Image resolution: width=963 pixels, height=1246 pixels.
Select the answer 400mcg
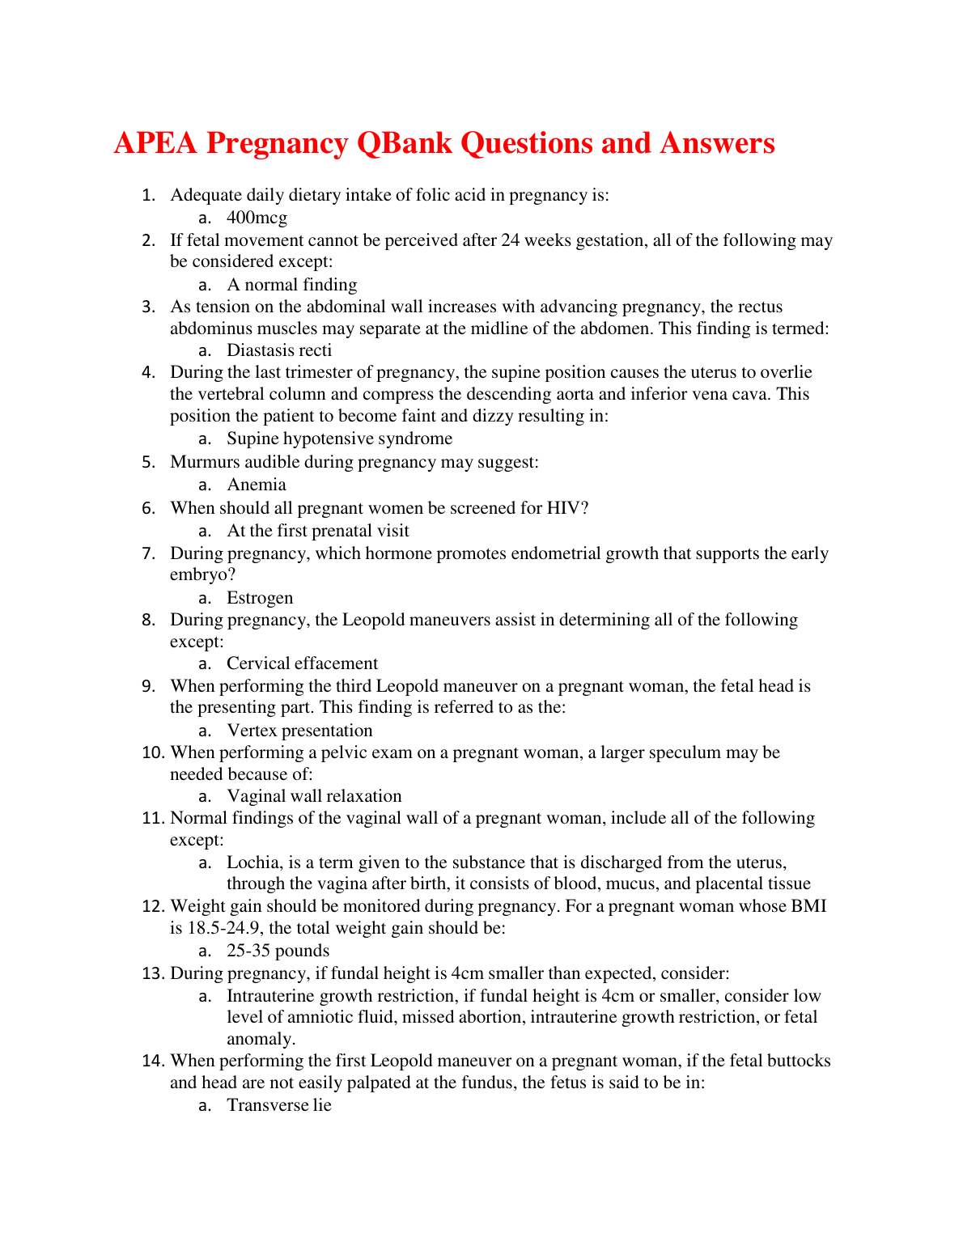click(257, 218)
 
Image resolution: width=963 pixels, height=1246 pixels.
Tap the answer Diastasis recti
click(279, 350)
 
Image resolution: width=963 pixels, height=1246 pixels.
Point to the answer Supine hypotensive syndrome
click(339, 439)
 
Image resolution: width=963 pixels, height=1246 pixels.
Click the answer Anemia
click(257, 485)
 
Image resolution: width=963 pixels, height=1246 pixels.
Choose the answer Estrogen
click(260, 598)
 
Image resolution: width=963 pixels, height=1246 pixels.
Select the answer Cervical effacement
click(302, 663)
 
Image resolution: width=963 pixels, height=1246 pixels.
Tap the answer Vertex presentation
click(299, 731)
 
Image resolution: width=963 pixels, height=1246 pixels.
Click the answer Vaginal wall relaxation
click(314, 796)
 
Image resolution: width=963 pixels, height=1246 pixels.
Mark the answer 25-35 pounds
click(278, 951)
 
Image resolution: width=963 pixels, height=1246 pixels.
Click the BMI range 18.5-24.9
click(225, 928)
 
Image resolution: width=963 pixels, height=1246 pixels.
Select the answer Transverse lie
click(279, 1105)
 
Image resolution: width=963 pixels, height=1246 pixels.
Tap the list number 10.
click(153, 752)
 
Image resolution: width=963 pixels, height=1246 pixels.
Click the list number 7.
click(148, 553)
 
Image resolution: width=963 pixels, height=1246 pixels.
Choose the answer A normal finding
click(292, 285)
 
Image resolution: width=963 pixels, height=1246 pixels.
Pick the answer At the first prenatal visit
click(318, 531)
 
